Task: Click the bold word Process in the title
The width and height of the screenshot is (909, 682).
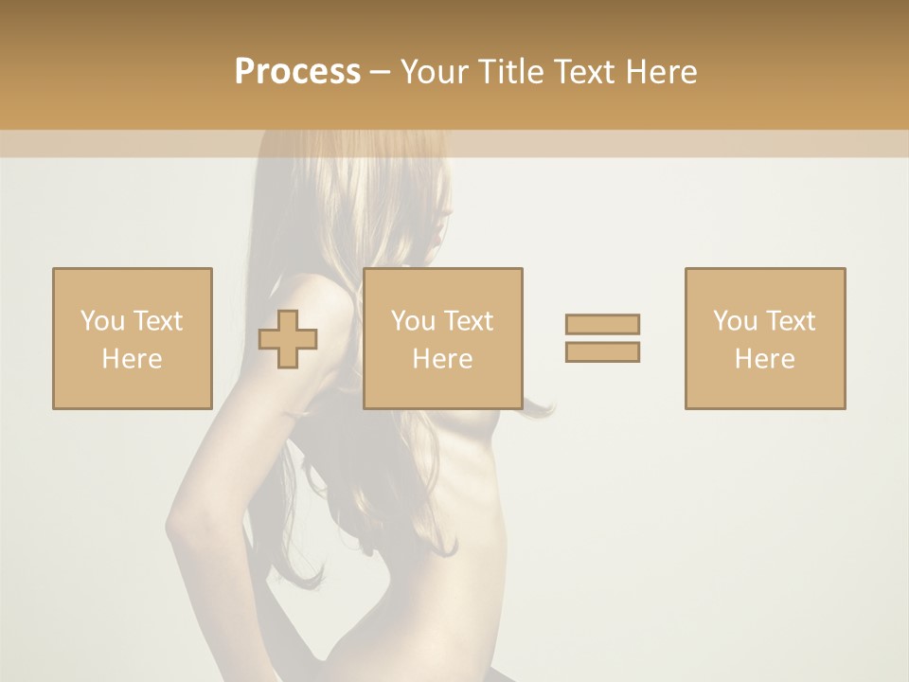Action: [x=297, y=72]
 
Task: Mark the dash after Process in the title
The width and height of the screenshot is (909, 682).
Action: [x=381, y=72]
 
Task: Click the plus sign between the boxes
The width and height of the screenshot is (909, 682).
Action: [x=288, y=340]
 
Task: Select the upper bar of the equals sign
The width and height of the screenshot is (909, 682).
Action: [x=602, y=324]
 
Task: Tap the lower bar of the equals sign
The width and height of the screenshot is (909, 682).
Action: [x=602, y=351]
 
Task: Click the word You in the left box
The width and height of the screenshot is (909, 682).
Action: [x=101, y=321]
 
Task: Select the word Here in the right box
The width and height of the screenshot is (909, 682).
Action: [x=765, y=359]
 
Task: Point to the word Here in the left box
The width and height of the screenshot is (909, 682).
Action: [x=133, y=359]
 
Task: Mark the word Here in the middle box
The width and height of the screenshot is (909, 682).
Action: [x=443, y=359]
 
